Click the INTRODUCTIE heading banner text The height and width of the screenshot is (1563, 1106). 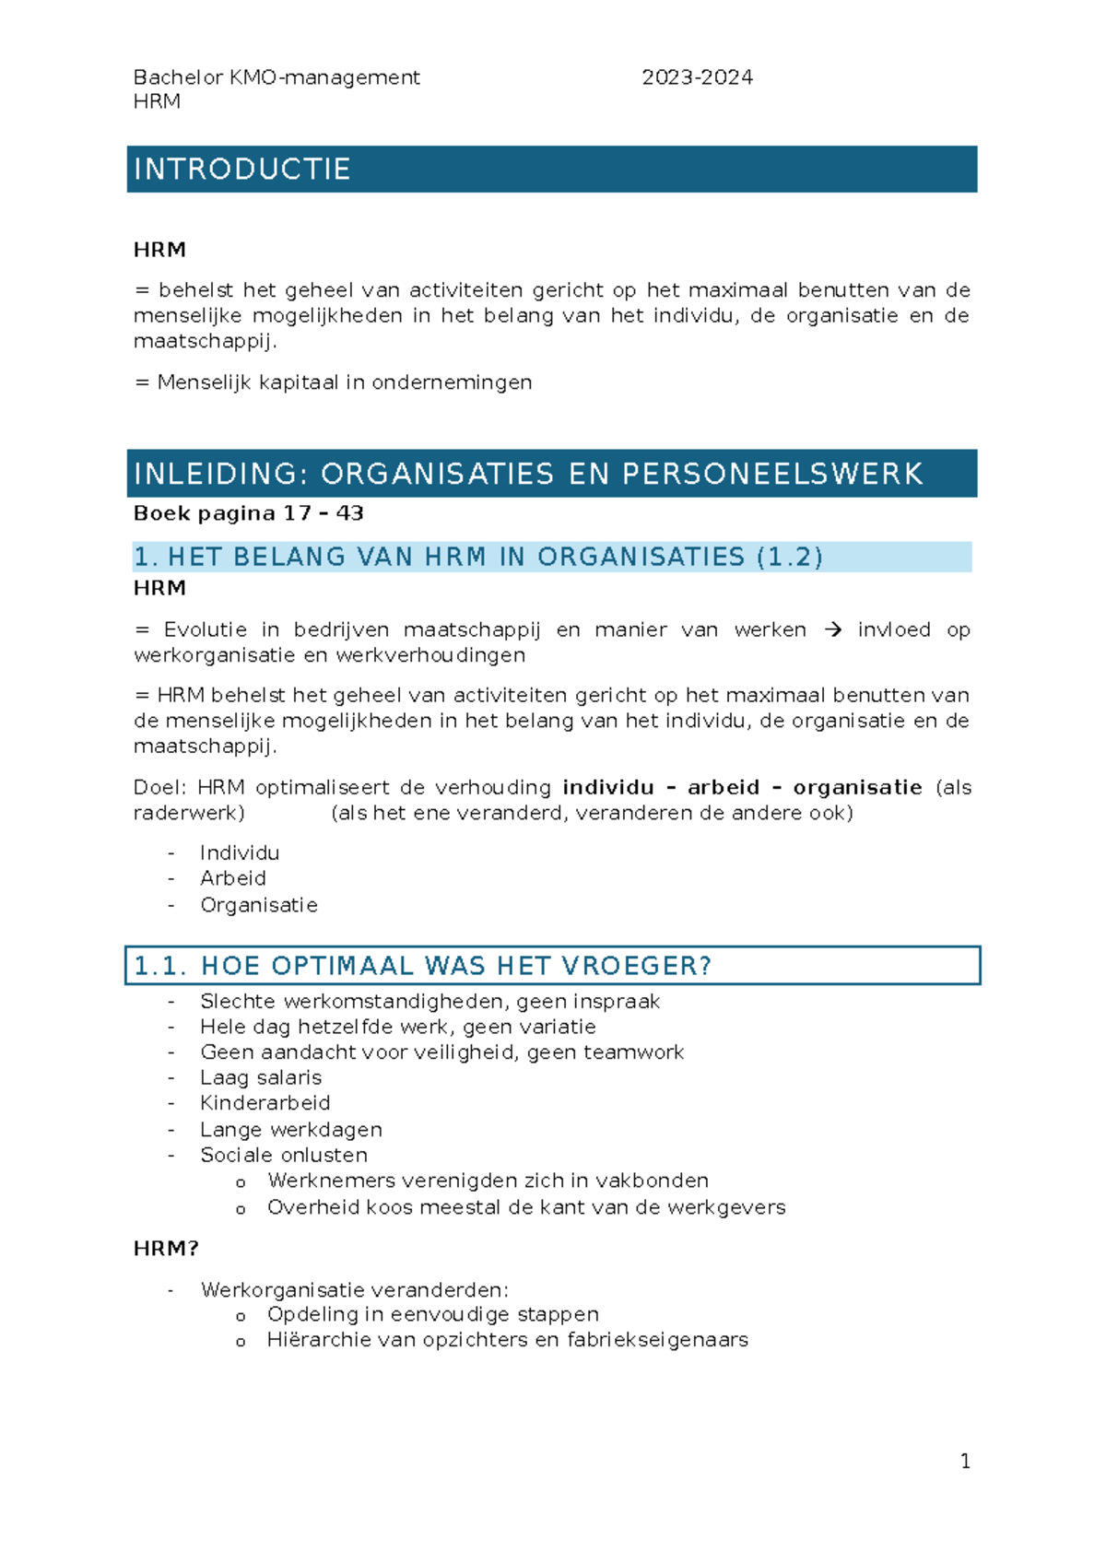242,170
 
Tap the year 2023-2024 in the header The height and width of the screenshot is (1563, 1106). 697,77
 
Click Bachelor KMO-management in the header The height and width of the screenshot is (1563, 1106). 276,77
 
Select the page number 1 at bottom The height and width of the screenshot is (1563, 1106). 965,1461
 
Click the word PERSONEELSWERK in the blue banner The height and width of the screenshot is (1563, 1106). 772,474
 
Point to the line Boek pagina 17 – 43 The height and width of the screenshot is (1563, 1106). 249,513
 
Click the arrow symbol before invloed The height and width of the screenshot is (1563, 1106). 832,630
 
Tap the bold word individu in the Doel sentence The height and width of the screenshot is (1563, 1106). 608,788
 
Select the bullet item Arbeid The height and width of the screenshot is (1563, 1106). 233,878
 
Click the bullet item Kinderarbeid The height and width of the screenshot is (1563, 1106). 265,1103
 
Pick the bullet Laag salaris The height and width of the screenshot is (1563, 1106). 261,1077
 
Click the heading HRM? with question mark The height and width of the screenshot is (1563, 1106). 166,1249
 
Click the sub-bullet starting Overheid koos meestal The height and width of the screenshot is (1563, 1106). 525,1207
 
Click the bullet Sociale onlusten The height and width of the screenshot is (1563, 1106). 284,1155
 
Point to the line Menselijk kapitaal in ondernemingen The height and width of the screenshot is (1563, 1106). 344,382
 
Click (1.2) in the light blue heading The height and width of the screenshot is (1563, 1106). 789,557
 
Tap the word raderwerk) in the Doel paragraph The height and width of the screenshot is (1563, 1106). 189,813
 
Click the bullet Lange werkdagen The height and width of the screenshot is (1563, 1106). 291,1130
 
